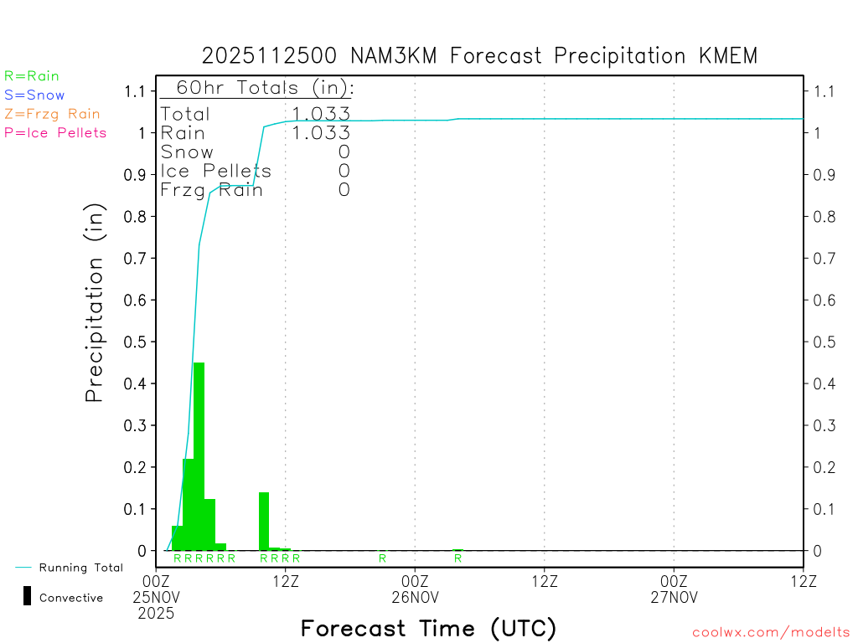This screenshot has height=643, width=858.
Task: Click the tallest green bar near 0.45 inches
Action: pos(199,456)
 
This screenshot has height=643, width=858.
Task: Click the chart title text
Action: pos(479,56)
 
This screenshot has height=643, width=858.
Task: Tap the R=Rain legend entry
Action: pos(32,76)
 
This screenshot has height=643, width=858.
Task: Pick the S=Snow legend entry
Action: pos(34,95)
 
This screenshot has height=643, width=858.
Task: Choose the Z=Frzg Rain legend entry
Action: pos(52,114)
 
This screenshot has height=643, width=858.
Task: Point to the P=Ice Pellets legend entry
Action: pos(55,132)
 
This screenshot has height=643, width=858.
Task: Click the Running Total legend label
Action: pos(80,568)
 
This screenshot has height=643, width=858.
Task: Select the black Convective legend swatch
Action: pos(27,596)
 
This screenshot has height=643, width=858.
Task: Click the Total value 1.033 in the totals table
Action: pos(321,114)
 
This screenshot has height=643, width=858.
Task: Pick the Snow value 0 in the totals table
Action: pos(344,152)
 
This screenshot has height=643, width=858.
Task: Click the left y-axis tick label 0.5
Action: pos(135,342)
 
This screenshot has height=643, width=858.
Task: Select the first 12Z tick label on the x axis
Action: pos(286,581)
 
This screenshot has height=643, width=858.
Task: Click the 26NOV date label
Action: pos(416,597)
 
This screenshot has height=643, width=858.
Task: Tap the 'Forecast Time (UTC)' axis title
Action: pos(428,628)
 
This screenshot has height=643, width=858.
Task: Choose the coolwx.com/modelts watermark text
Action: pos(771,633)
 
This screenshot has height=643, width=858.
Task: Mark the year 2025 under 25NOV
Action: pos(157,613)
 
